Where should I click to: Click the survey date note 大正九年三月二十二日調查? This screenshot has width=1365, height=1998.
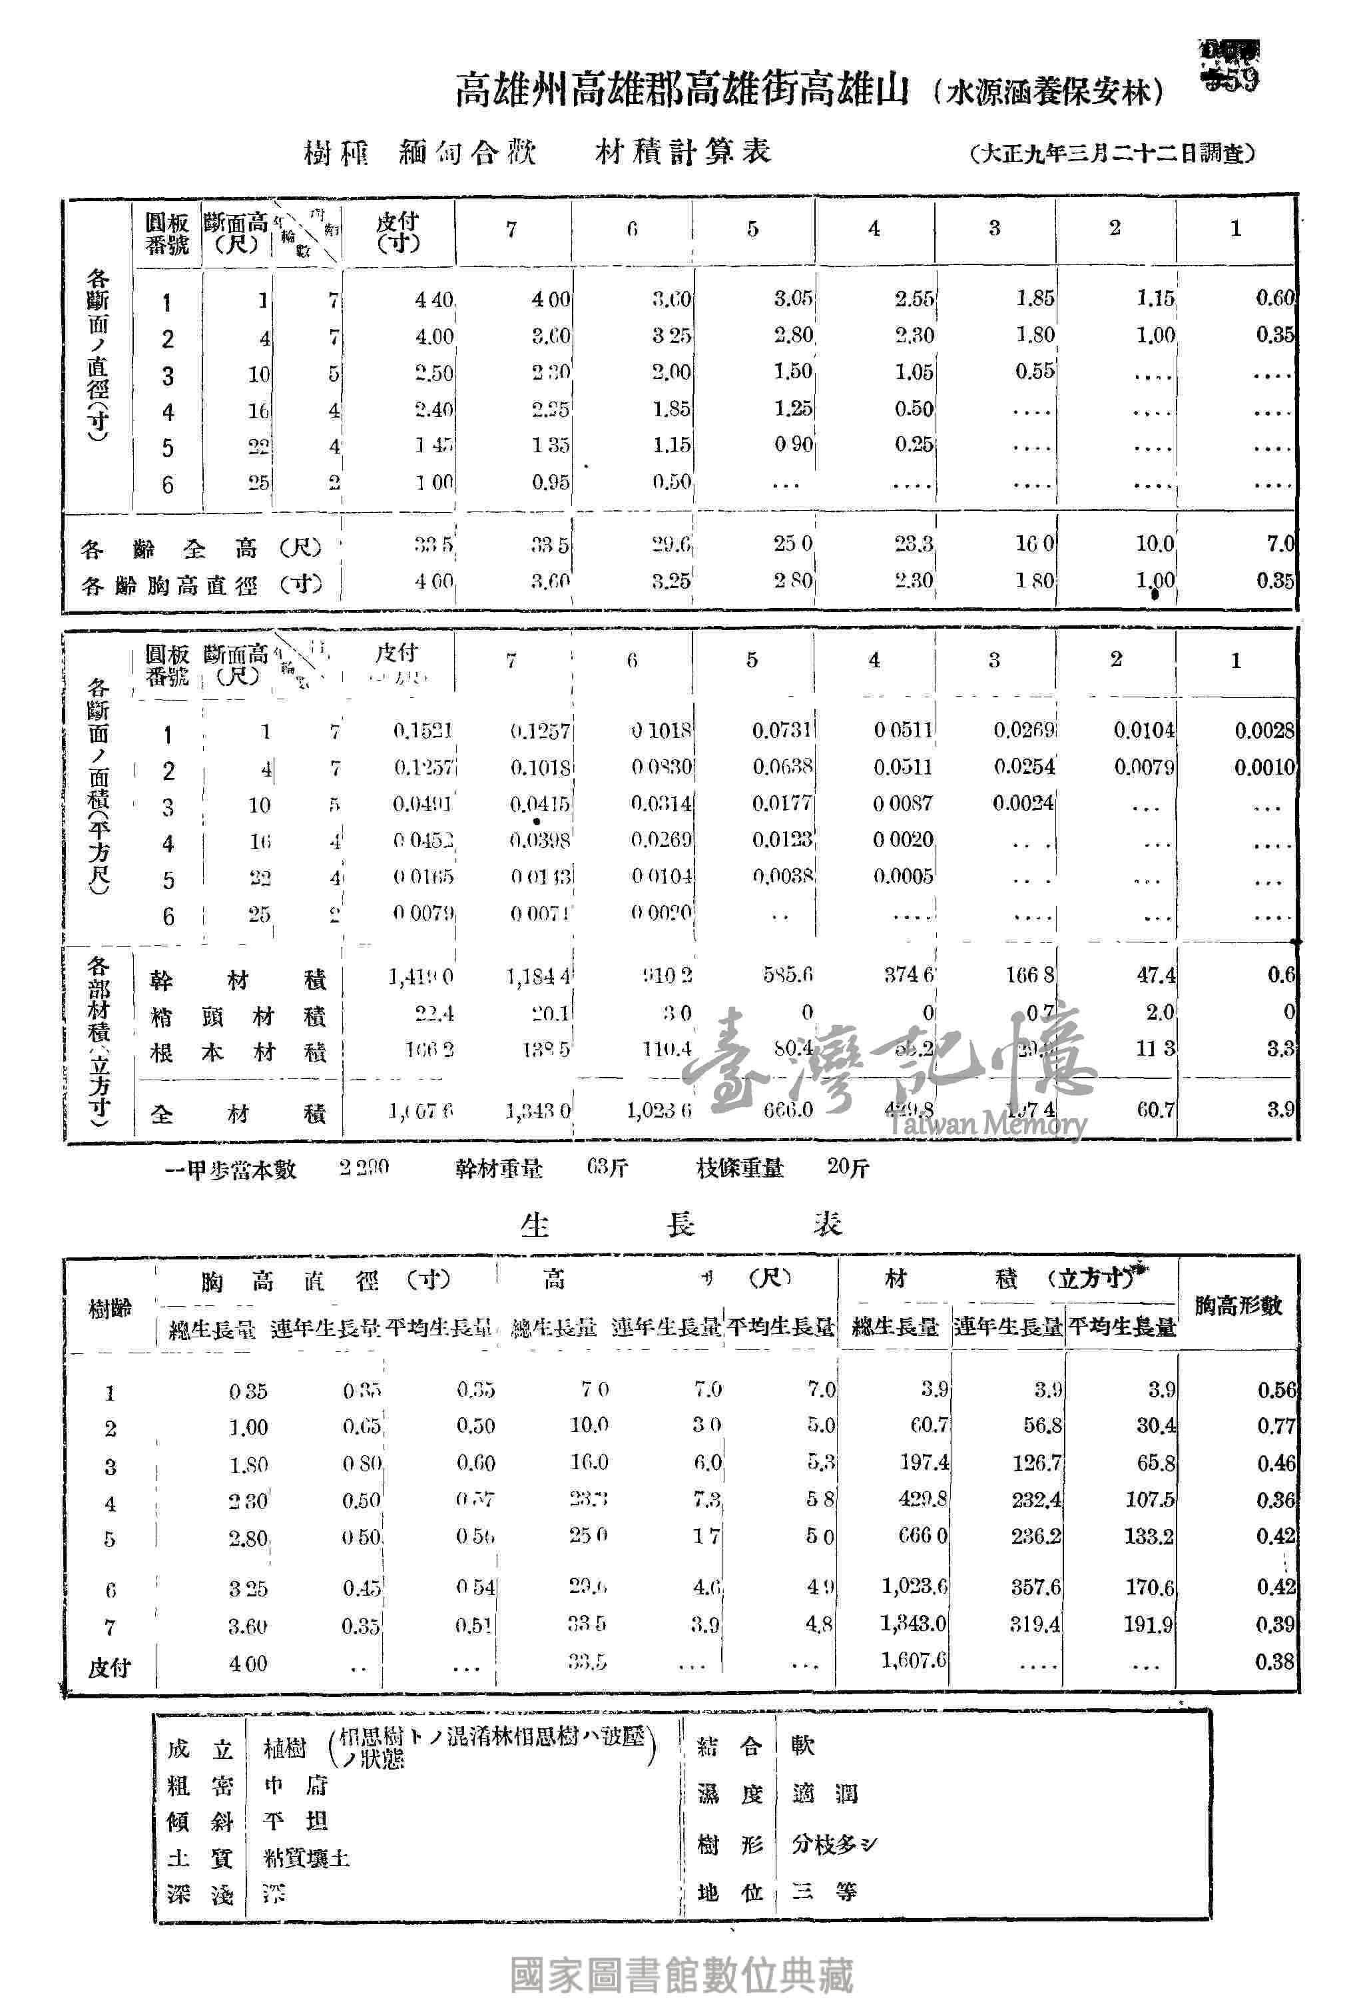(1113, 154)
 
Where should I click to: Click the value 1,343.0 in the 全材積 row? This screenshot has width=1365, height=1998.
(538, 1111)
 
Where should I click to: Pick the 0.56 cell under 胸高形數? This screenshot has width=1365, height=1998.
(1276, 1390)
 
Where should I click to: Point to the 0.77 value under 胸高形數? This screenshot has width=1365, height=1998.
(1276, 1427)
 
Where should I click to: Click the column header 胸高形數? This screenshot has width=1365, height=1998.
(1238, 1305)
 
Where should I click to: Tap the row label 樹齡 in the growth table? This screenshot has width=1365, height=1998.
(110, 1309)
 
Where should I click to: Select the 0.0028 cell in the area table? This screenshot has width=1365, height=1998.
(1264, 730)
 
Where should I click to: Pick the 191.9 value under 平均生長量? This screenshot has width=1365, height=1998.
(1149, 1624)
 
